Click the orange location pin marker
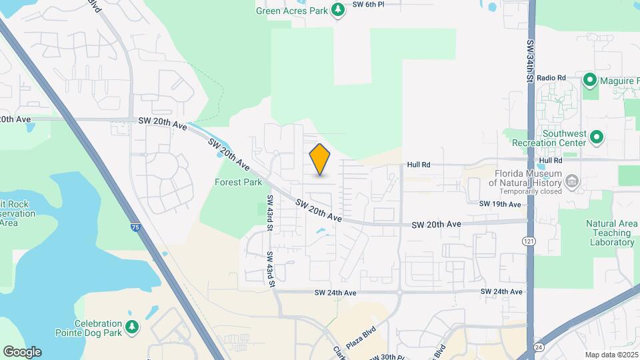pyautogui.click(x=320, y=159)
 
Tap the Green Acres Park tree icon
pyautogui.click(x=339, y=9)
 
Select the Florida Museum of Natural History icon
pyautogui.click(x=572, y=181)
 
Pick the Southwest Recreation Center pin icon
pyautogui.click(x=597, y=138)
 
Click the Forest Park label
pyautogui.click(x=239, y=181)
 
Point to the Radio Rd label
pyautogui.click(x=551, y=78)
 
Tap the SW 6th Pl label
pyautogui.click(x=369, y=4)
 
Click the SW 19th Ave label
pyautogui.click(x=500, y=204)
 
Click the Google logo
pyautogui.click(x=22, y=352)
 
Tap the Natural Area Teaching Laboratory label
pyautogui.click(x=611, y=233)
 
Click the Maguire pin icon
pyautogui.click(x=589, y=81)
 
